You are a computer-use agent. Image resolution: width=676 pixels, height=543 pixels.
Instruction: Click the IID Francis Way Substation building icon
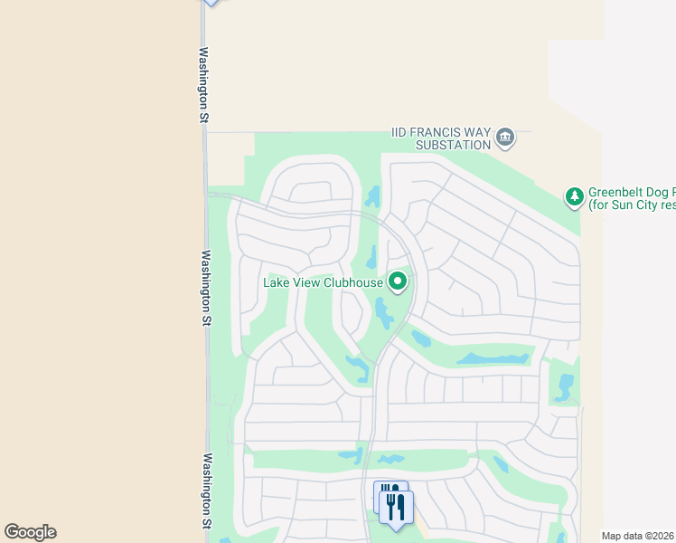(505, 138)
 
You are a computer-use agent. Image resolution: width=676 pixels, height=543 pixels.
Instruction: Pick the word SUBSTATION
(453, 145)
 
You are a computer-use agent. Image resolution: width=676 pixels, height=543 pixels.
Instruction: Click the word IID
(400, 132)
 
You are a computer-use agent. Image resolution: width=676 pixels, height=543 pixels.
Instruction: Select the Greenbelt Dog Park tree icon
(573, 196)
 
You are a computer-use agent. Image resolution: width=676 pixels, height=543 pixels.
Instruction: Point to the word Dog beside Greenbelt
(661, 192)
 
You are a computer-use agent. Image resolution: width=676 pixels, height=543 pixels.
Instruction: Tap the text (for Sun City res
(632, 205)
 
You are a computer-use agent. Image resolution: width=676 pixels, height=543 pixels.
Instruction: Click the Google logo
(30, 532)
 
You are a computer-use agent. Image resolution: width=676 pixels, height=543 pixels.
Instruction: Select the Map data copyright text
(638, 536)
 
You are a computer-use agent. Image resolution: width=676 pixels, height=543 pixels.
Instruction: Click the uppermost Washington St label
(204, 86)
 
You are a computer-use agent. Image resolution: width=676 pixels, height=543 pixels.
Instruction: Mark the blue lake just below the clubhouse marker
(385, 315)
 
